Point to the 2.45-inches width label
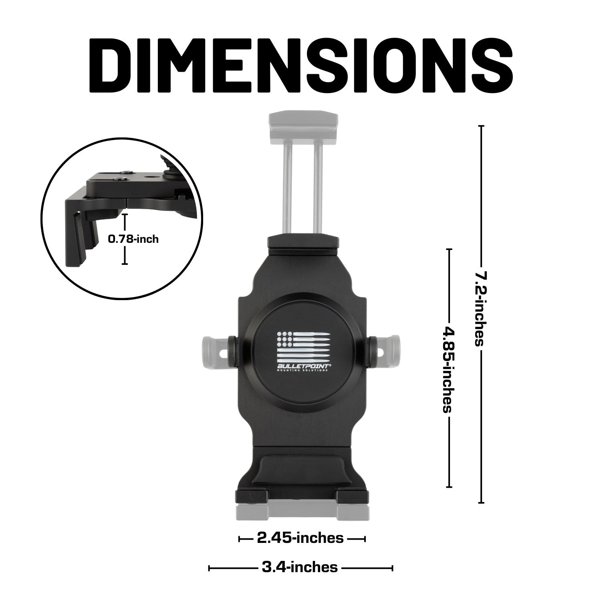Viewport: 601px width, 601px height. pos(300,538)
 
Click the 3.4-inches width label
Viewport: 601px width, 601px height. pos(300,567)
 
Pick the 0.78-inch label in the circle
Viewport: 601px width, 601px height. pos(133,239)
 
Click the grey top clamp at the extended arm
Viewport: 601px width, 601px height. pos(303,125)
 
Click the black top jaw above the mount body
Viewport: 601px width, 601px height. pos(303,245)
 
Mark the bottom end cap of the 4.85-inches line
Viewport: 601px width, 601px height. pos(449,487)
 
